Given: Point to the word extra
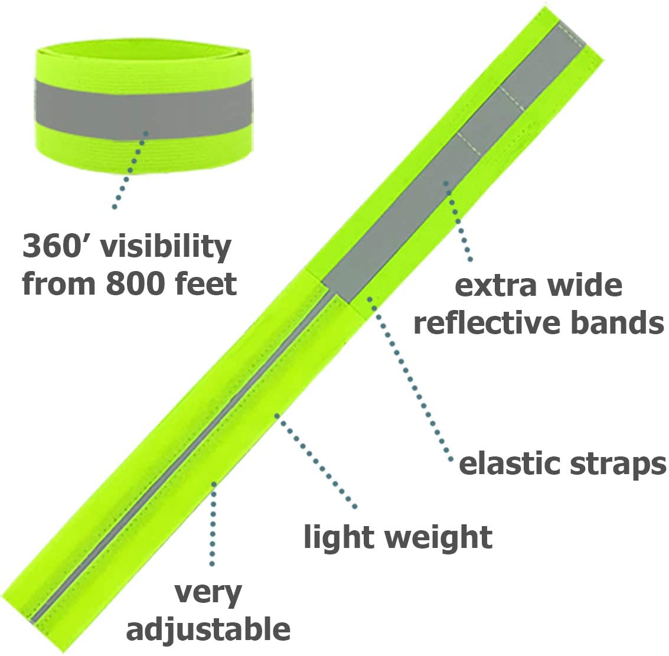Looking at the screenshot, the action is point(495,285).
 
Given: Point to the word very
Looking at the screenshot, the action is point(208,595).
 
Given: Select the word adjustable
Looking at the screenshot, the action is point(208,628).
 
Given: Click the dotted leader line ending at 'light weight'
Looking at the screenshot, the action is point(316,461).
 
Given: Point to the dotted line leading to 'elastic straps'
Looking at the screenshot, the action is point(410,380).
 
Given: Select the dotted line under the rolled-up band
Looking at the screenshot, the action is point(130,170).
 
